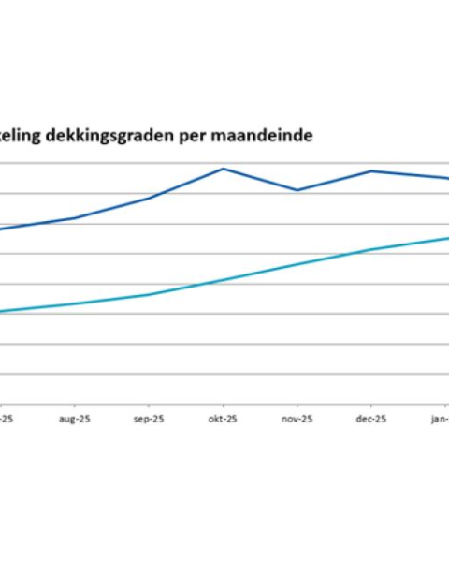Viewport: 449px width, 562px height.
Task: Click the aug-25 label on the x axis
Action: pyautogui.click(x=75, y=420)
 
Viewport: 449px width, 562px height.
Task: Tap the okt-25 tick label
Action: pyautogui.click(x=223, y=420)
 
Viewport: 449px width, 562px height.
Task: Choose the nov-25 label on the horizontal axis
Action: pyautogui.click(x=297, y=420)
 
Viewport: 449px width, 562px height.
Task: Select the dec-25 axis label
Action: pyautogui.click(x=371, y=420)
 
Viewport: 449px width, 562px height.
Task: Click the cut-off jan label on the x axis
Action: pyautogui.click(x=440, y=420)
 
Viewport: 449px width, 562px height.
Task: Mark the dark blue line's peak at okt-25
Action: pyautogui.click(x=223, y=169)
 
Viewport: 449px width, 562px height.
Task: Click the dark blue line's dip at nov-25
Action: pyautogui.click(x=297, y=190)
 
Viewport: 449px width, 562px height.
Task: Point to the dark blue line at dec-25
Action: pyautogui.click(x=371, y=171)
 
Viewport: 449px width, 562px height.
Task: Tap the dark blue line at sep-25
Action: pyautogui.click(x=149, y=199)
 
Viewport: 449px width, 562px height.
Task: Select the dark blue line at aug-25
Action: pyautogui.click(x=75, y=218)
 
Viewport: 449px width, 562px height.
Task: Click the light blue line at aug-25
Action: pyautogui.click(x=75, y=303)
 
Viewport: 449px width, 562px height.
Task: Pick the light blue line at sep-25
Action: pyautogui.click(x=149, y=294)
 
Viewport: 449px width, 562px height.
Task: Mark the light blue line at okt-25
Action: pyautogui.click(x=223, y=280)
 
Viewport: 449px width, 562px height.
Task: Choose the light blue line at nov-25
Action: pyautogui.click(x=297, y=264)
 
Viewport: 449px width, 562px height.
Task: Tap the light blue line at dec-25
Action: pyautogui.click(x=371, y=250)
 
